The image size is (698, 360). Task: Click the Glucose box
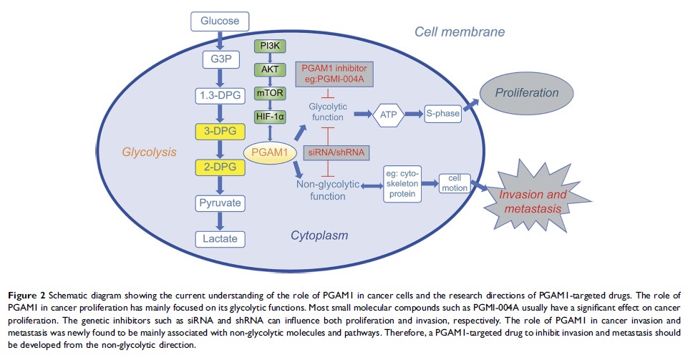pyautogui.click(x=220, y=21)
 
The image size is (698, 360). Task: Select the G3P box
pyautogui.click(x=220, y=57)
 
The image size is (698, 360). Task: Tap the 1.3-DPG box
pyautogui.click(x=220, y=94)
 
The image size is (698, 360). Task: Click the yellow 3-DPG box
pyautogui.click(x=220, y=131)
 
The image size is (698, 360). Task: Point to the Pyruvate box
pyautogui.click(x=220, y=203)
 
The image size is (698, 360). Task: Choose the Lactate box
pyautogui.click(x=220, y=238)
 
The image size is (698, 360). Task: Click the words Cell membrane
pyautogui.click(x=460, y=32)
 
